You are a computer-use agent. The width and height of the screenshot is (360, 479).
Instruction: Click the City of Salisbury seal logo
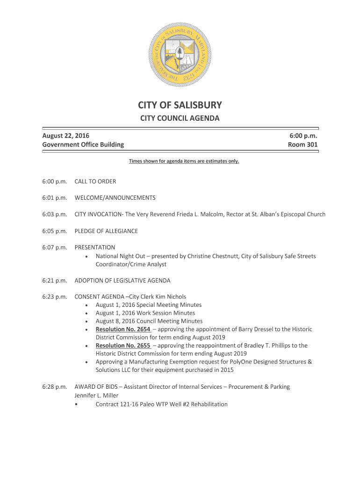tap(180, 54)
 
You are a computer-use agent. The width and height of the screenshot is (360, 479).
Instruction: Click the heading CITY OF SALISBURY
tap(180, 105)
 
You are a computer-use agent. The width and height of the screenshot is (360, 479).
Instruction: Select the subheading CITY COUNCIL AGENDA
tap(180, 118)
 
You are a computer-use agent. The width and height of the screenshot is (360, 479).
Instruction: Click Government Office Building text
tap(83, 145)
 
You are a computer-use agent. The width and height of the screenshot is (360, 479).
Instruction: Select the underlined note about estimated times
tap(184, 161)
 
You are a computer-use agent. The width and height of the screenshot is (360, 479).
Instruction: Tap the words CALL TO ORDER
tap(95, 181)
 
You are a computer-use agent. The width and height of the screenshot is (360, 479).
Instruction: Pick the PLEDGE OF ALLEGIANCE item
tap(106, 231)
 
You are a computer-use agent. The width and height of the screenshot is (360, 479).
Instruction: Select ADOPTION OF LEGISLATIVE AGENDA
tap(122, 281)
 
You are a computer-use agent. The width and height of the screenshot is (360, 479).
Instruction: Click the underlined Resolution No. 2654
tap(123, 329)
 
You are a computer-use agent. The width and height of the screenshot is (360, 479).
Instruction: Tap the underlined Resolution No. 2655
tap(123, 346)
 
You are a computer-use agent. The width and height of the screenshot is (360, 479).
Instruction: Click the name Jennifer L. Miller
tap(96, 395)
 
